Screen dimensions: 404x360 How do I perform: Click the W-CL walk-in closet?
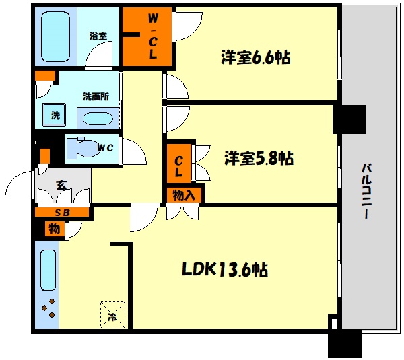tap(147, 36)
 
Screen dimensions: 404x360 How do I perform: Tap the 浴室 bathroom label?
tap(98, 36)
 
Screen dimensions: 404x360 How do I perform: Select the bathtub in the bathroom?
tap(56, 36)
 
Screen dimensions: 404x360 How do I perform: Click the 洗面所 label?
tap(96, 97)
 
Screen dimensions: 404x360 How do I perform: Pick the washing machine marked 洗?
tap(55, 114)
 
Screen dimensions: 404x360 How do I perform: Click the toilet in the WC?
tap(83, 148)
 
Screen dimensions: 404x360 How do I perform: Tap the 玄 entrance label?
tap(62, 185)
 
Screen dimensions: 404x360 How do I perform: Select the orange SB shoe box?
tap(62, 213)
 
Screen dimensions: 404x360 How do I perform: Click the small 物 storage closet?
tap(55, 228)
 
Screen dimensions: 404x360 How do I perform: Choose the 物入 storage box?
tap(184, 195)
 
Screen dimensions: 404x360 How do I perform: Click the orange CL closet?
tap(179, 163)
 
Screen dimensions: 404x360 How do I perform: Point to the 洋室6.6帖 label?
tap(255, 57)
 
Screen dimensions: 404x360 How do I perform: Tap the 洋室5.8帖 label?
tap(259, 157)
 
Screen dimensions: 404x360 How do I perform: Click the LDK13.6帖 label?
tap(225, 270)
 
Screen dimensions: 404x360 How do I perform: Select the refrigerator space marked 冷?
tap(112, 315)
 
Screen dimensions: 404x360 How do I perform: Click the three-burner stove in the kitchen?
tap(48, 308)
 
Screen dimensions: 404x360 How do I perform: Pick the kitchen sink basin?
tap(48, 270)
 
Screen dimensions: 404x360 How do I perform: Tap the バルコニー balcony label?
tap(366, 191)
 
